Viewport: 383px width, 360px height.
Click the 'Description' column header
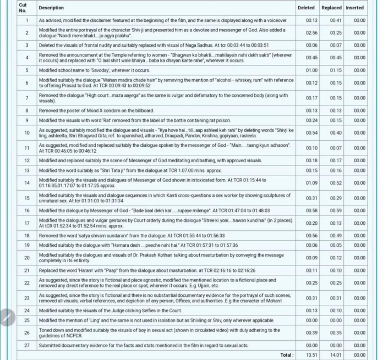click(51, 8)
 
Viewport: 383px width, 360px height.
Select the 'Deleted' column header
click(306, 8)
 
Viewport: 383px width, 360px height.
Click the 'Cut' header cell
click(23, 8)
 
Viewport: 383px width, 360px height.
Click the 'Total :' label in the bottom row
click(287, 355)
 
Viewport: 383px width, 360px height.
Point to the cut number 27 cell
click(26, 345)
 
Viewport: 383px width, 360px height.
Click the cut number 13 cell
click(26, 170)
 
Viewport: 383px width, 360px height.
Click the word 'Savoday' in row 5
click(90, 70)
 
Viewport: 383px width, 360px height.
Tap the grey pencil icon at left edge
click(6, 318)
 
